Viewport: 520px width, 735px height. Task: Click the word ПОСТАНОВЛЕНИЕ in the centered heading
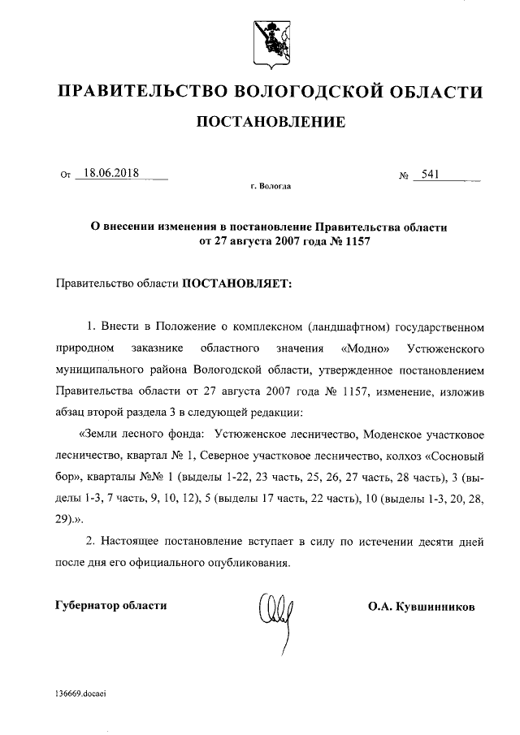coord(267,123)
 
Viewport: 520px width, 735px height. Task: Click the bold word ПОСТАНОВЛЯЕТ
coord(235,284)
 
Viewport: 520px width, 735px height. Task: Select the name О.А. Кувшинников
coord(421,606)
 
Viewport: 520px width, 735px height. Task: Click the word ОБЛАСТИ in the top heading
coord(431,91)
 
